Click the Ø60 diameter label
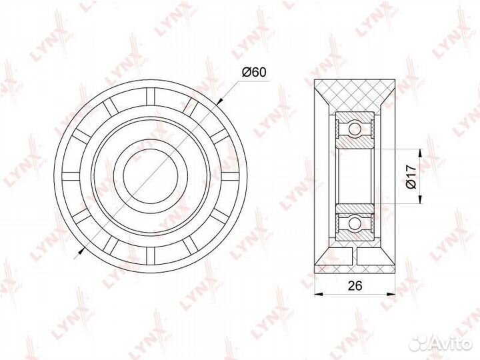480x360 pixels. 254,73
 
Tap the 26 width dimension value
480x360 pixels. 355,285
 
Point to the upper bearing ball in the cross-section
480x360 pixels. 355,127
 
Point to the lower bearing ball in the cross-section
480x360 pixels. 355,221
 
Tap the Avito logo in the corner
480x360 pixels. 441,343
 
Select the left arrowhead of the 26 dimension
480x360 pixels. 319,294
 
